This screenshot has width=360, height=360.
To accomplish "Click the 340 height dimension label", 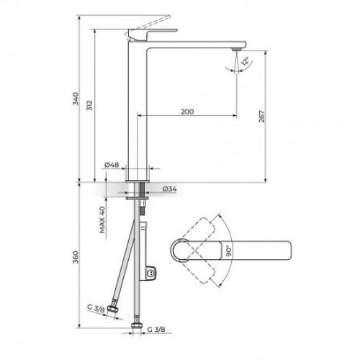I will pos(76,101).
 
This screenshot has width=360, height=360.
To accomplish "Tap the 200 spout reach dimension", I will pos(187,112).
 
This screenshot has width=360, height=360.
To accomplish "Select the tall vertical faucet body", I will pos(137,108).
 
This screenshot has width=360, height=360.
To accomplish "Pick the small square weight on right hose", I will pos(150,274).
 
